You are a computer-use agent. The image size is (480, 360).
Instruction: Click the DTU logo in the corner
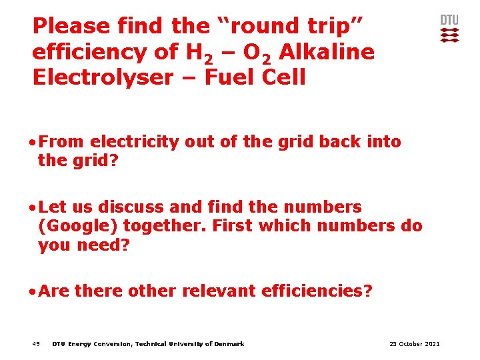coord(450,29)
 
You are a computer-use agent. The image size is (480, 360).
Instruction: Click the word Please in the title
coord(71,26)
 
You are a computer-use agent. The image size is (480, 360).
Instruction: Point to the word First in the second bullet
coord(233,226)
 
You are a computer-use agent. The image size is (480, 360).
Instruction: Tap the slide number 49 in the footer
coord(36,344)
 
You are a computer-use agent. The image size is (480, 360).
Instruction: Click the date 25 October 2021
coord(414,344)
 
